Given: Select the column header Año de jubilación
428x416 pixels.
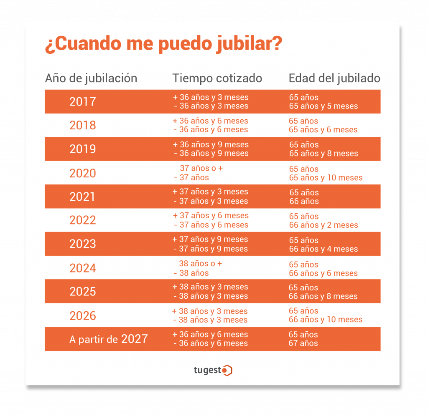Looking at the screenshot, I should tap(91, 78).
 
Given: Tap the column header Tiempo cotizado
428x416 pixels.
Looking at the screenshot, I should tap(217, 78).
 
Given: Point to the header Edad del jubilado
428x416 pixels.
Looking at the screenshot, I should tap(334, 78).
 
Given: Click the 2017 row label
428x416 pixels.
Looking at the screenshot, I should tap(83, 101).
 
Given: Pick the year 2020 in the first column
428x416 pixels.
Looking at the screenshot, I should tap(83, 173).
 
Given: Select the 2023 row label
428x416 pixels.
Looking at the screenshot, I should tap(83, 244).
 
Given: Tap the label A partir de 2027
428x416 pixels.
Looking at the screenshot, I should tap(109, 339).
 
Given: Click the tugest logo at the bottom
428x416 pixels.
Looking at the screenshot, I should tap(213, 370).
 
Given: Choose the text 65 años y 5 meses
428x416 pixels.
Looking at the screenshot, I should tap(323, 106).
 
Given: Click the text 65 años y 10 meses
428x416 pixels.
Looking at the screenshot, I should tap(326, 178).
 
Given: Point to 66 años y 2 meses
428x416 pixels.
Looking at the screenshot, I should tap(324, 225).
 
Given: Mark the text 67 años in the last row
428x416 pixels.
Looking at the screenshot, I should tap(303, 343).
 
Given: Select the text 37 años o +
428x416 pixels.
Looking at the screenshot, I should tap(201, 169).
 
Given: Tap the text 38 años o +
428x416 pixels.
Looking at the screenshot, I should tap(201, 264).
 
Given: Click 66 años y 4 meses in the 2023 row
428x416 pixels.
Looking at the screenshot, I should tap(324, 249).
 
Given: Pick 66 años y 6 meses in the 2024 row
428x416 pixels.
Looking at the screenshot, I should tap(324, 273).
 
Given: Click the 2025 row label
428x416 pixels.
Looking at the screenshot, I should tap(83, 291).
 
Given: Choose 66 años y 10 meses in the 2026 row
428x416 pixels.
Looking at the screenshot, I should tap(326, 320).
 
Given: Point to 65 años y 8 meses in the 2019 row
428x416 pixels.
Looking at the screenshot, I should tap(324, 154).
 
